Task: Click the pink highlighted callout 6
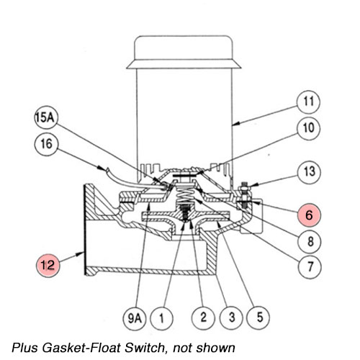(x=310, y=214)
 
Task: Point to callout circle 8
(x=310, y=242)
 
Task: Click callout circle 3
(x=230, y=315)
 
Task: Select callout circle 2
(x=203, y=315)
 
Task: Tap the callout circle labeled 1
(x=163, y=315)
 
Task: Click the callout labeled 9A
(x=135, y=315)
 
